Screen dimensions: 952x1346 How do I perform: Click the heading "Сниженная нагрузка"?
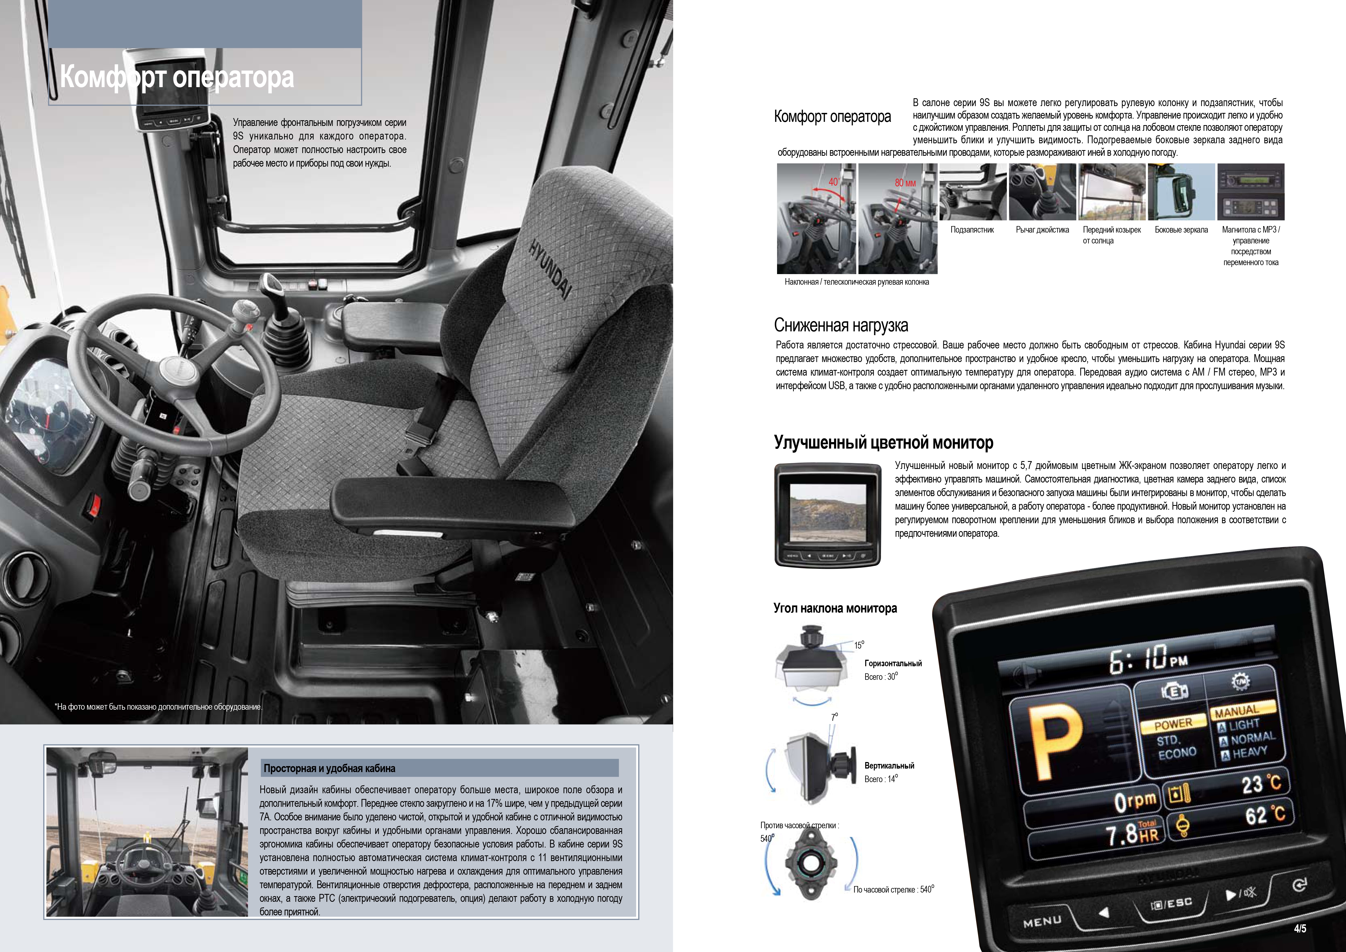point(841,325)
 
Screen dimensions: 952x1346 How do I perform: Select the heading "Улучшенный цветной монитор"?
point(883,443)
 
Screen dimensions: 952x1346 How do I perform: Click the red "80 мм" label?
point(905,183)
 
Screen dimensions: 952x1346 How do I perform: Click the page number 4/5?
point(1300,929)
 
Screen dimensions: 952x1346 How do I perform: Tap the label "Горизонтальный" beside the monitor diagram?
point(893,664)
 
